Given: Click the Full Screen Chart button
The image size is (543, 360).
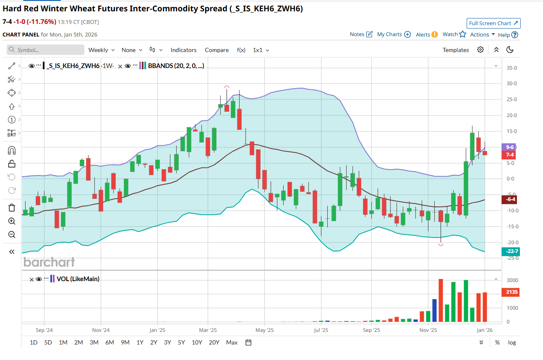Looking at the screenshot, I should tap(493, 23).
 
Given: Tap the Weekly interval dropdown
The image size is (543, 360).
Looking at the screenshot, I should tap(101, 50).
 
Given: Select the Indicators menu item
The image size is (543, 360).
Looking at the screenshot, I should tap(183, 50).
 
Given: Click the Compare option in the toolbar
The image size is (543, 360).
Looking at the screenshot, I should tap(217, 50).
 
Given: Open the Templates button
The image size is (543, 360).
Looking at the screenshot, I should tap(455, 50).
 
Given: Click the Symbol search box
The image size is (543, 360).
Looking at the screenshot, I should tap(46, 50).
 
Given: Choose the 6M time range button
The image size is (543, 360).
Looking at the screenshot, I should tap(110, 342).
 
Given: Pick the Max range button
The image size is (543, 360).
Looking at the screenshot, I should tap(232, 342).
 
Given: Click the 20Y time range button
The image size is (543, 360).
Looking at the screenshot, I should tap(214, 342).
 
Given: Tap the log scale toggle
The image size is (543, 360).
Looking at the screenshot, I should tap(512, 342).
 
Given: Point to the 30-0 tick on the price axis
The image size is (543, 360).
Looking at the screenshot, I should tap(511, 83).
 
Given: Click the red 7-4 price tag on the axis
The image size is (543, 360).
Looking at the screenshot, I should tap(510, 155).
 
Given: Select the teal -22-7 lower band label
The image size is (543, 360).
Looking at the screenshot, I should tap(510, 251).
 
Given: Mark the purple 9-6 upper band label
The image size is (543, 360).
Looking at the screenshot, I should tap(510, 147).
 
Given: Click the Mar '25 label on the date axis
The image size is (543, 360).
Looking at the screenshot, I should tap(207, 330).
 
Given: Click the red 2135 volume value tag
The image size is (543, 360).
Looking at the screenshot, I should tap(510, 292).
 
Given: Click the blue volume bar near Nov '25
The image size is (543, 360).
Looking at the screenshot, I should tap(434, 310).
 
